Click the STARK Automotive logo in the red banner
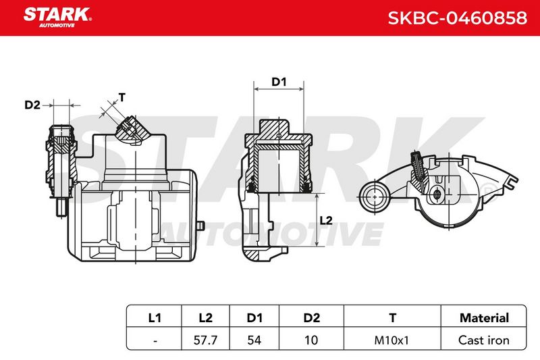(57, 18)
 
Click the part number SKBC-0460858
(458, 18)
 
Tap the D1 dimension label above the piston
(279, 82)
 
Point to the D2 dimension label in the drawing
(32, 105)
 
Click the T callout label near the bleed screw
(122, 97)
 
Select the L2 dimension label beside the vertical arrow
(326, 220)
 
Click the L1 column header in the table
(155, 317)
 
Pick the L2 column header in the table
(206, 317)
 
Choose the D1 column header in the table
(254, 317)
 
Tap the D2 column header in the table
(311, 317)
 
